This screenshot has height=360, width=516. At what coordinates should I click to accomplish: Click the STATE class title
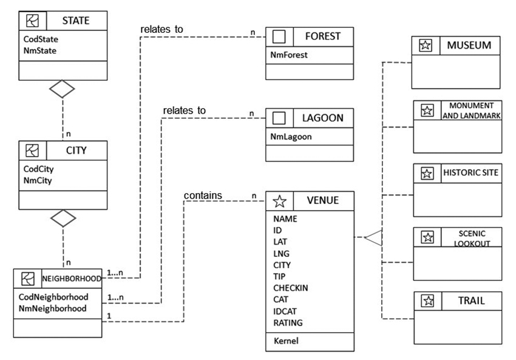pos(75,21)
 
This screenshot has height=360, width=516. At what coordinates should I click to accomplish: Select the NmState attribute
pos(39,51)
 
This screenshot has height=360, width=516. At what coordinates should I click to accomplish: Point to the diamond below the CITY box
pos(62,218)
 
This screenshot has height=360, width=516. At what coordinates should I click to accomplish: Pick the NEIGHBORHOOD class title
pos(71,279)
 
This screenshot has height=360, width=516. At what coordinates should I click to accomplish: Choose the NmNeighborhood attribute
pos(53,308)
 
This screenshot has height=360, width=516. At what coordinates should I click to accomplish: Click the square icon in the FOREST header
pos(279,36)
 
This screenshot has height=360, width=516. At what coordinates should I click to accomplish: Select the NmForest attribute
pos(289,55)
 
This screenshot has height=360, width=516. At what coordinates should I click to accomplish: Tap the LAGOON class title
pos(323,118)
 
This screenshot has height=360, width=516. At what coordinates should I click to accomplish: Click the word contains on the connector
pos(203,195)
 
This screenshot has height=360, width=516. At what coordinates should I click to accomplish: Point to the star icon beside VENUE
pos(279,200)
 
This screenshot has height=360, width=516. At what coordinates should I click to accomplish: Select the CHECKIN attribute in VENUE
pos(290,288)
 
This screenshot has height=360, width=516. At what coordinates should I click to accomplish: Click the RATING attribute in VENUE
pos(288,323)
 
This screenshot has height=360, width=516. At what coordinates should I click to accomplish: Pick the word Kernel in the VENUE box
pos(286,341)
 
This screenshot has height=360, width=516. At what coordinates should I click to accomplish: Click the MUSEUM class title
pos(469,46)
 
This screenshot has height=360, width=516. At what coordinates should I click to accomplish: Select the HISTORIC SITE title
pos(470,173)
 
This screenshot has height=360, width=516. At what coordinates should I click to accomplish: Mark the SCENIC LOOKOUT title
pos(472,238)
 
